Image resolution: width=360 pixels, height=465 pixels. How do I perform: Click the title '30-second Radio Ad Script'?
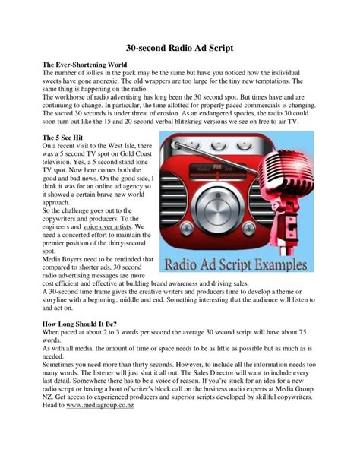(x=179, y=46)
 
